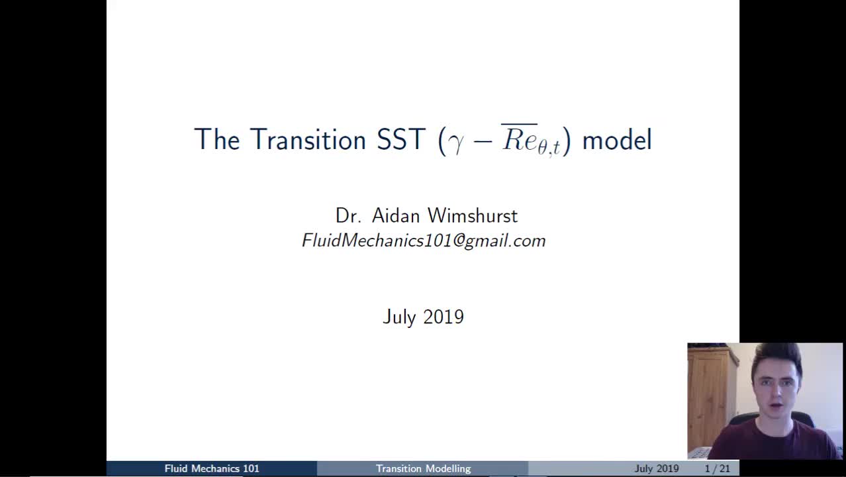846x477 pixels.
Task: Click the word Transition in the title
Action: point(308,140)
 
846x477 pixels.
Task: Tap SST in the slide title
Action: point(400,140)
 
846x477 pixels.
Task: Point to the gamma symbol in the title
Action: point(456,142)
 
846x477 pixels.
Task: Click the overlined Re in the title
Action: point(519,139)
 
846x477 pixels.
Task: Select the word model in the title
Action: point(616,140)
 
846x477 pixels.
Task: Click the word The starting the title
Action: point(217,140)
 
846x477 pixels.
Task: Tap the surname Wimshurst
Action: point(473,216)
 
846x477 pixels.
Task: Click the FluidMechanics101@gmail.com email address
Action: point(424,240)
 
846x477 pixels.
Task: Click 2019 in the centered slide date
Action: point(444,317)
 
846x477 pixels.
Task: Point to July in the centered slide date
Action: point(399,317)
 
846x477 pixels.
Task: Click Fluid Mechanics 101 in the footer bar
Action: point(212,468)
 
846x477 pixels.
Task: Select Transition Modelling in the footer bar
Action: point(423,468)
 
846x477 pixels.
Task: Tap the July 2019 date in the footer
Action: point(656,468)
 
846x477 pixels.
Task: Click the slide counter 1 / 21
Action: point(717,468)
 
